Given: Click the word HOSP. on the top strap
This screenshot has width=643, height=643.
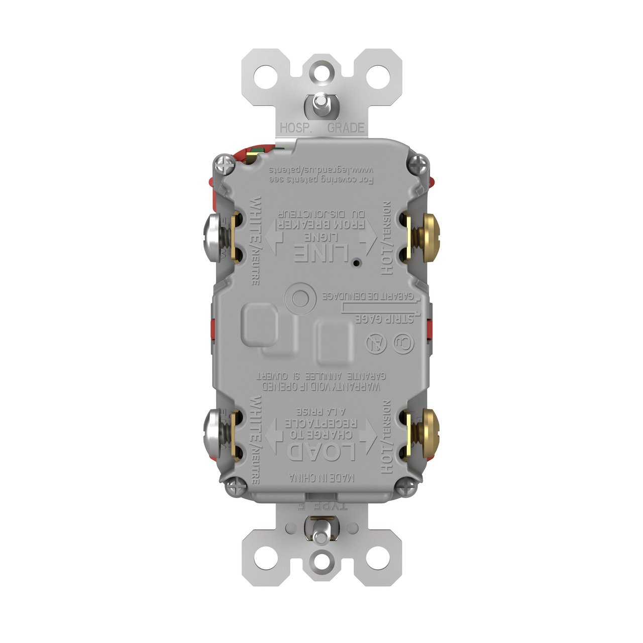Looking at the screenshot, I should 296,128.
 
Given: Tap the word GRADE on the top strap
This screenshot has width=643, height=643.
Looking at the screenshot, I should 346,128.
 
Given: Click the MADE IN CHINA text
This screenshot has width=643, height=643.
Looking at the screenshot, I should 321,477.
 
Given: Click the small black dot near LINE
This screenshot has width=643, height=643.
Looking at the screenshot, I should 356,263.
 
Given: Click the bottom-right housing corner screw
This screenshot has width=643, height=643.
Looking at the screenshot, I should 404,486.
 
